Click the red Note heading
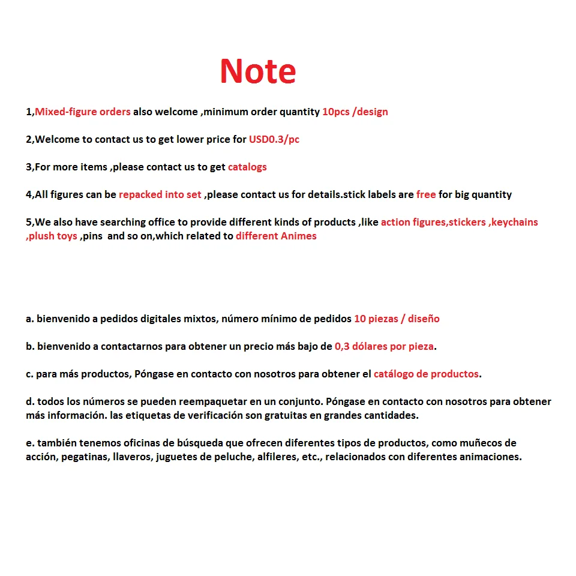pos(257,71)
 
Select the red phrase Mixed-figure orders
pos(83,112)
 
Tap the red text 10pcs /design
pos(355,112)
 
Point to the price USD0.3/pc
pos(274,139)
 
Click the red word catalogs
pos(247,167)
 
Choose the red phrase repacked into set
pos(160,194)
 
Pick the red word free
pos(426,194)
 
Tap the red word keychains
pos(514,222)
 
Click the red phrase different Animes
pos(276,236)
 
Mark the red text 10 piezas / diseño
pos(397,319)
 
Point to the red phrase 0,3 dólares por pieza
pos(385,346)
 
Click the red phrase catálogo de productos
pos(426,374)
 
